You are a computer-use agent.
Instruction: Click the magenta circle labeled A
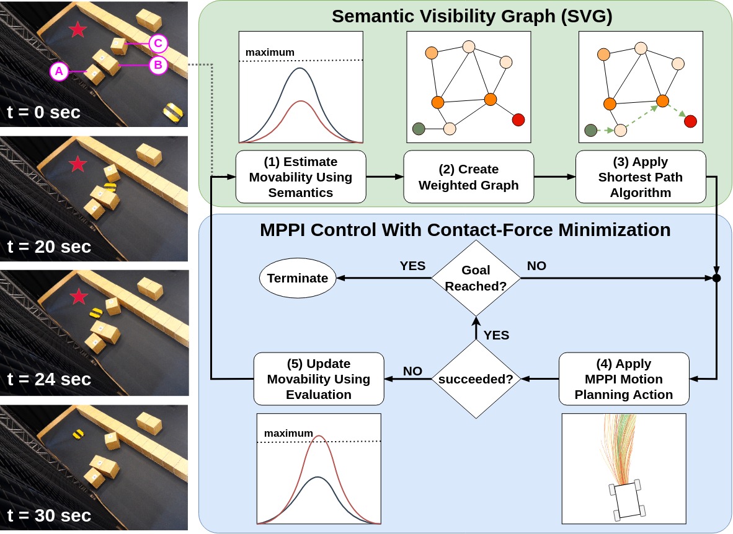pos(59,72)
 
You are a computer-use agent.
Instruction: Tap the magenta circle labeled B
pos(158,64)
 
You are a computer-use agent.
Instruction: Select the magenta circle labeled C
pos(158,43)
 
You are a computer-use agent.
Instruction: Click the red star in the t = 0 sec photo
pos(78,29)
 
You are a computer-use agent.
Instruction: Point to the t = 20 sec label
pos(49,246)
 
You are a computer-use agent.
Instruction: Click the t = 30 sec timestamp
pos(49,515)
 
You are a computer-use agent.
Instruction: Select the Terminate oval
pos(298,278)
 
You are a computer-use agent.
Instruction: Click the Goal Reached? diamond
pos(476,278)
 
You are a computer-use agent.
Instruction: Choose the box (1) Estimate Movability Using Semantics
pos(300,177)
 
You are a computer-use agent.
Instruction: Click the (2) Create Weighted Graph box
pos(468,177)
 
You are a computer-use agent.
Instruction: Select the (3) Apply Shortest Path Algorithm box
pos(641,177)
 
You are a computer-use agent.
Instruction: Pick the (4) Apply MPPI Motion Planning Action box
pos(624,379)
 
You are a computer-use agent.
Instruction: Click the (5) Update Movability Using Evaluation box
pos(319,379)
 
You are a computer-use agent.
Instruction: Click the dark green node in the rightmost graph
pos(591,130)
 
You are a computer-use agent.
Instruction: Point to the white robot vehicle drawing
pos(627,498)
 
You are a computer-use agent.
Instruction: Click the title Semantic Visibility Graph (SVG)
pos(472,16)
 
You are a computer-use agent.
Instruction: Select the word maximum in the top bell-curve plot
pos(270,52)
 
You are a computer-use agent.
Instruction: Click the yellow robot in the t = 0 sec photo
pos(173,111)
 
